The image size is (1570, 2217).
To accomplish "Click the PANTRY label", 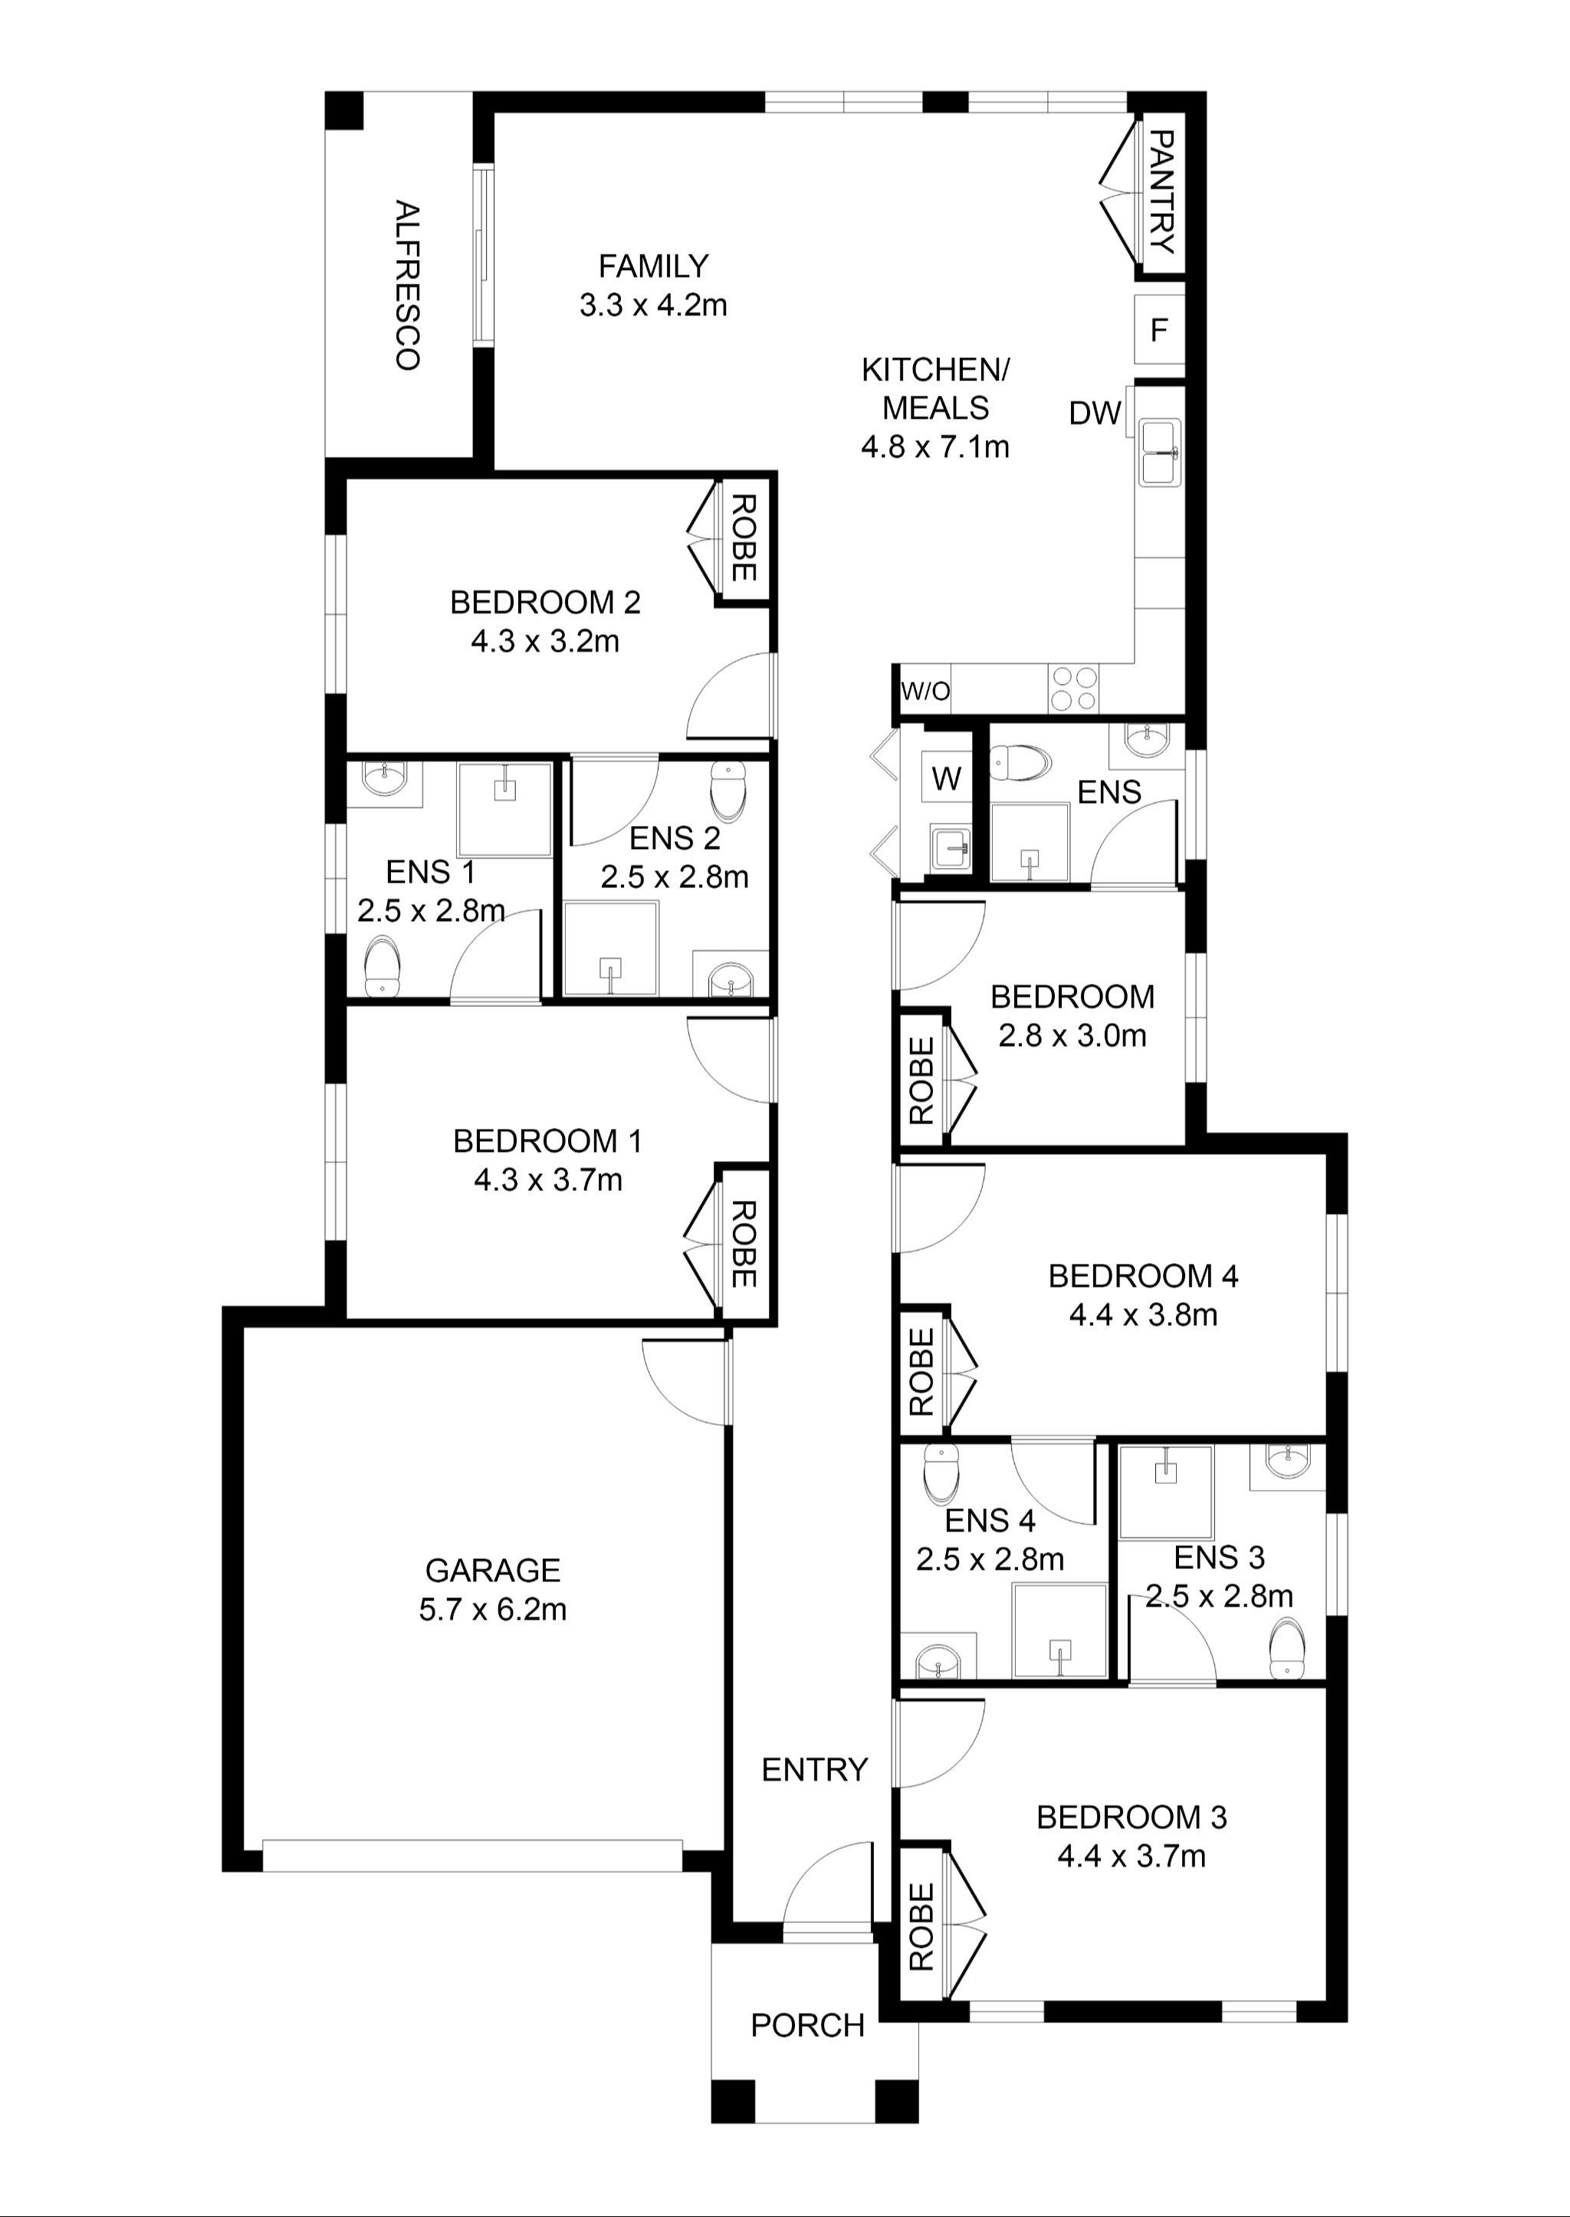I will click(1162, 192).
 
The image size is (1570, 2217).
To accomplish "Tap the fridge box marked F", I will click(1158, 331).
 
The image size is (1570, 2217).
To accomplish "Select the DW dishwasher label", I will click(1095, 414).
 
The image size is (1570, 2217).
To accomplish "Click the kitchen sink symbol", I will click(1159, 452).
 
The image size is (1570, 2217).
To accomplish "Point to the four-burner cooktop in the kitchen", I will click(1073, 689).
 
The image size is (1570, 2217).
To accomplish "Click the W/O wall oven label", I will click(925, 691).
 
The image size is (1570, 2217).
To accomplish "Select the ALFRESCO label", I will click(407, 285).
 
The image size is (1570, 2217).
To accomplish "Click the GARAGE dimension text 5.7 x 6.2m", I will click(492, 1610).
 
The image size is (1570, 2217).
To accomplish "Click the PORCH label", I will click(807, 2025).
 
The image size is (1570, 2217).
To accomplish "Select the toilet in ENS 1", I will click(382, 968).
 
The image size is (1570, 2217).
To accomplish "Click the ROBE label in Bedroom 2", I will click(741, 538).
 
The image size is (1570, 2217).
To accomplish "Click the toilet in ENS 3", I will click(1287, 1646).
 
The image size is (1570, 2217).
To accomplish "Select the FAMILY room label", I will click(653, 266).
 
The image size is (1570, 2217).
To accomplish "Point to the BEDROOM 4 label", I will click(1143, 1276).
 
